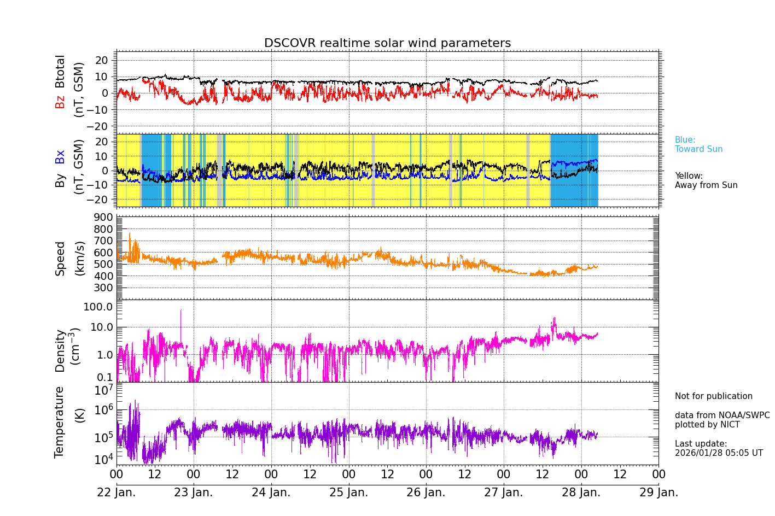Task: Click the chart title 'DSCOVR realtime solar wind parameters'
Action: point(387,43)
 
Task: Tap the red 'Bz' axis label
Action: point(60,102)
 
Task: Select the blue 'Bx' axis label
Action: point(60,156)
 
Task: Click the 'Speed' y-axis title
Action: point(60,258)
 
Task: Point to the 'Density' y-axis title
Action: point(60,350)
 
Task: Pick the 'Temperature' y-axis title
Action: point(59,421)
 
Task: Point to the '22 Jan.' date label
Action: point(116,492)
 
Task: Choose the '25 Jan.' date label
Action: point(348,492)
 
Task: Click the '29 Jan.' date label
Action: point(659,492)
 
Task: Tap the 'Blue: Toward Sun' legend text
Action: point(698,144)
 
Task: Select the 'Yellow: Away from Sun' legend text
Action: point(706,180)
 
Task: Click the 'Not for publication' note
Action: point(713,396)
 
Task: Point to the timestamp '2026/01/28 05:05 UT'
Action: point(718,453)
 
